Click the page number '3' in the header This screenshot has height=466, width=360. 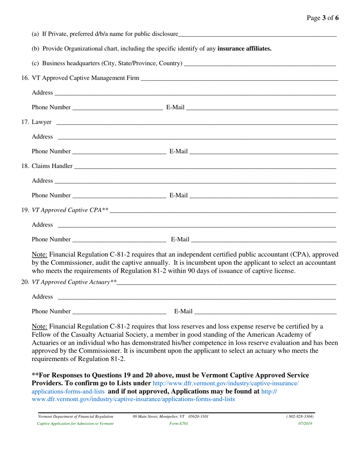point(325,18)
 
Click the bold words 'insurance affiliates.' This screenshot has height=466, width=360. point(244,48)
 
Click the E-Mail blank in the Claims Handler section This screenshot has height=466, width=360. point(264,196)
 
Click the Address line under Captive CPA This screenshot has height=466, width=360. point(196,226)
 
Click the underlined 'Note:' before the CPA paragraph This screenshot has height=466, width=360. point(40,254)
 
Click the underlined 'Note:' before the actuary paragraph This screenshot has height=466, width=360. point(40,326)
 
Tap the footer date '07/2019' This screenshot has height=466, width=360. point(305,424)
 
